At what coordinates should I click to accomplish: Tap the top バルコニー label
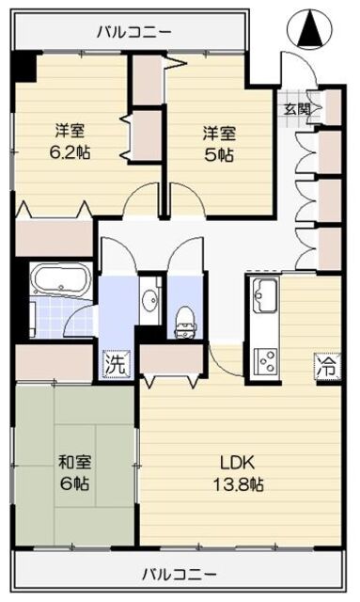133,31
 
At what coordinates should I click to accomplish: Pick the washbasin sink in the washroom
149,301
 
